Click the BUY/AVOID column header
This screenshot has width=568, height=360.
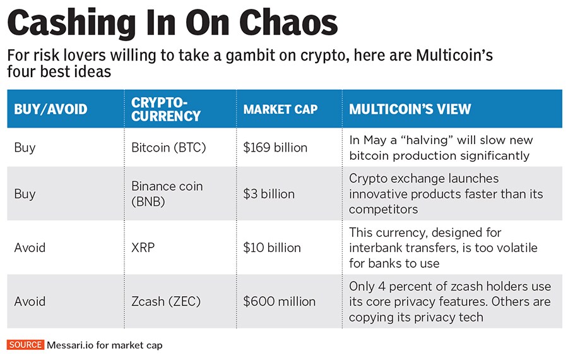(50, 109)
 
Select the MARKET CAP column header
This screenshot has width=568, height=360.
(280, 109)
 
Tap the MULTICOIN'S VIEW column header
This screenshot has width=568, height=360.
(410, 109)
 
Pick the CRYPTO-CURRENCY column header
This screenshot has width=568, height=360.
(165, 109)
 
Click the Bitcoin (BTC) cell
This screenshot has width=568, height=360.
(169, 148)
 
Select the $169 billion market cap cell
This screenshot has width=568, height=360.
(275, 148)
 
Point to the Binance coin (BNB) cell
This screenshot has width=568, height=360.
(167, 194)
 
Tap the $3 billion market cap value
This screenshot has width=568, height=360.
(269, 194)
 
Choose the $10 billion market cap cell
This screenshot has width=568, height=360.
(272, 248)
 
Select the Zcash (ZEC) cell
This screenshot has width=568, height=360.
(166, 301)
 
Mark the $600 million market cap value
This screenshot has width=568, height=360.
(279, 301)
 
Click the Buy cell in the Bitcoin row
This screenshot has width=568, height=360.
(25, 148)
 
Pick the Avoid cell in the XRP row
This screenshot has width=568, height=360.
(30, 248)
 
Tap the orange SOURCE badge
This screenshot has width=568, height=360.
(25, 345)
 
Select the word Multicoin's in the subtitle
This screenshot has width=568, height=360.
(454, 56)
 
